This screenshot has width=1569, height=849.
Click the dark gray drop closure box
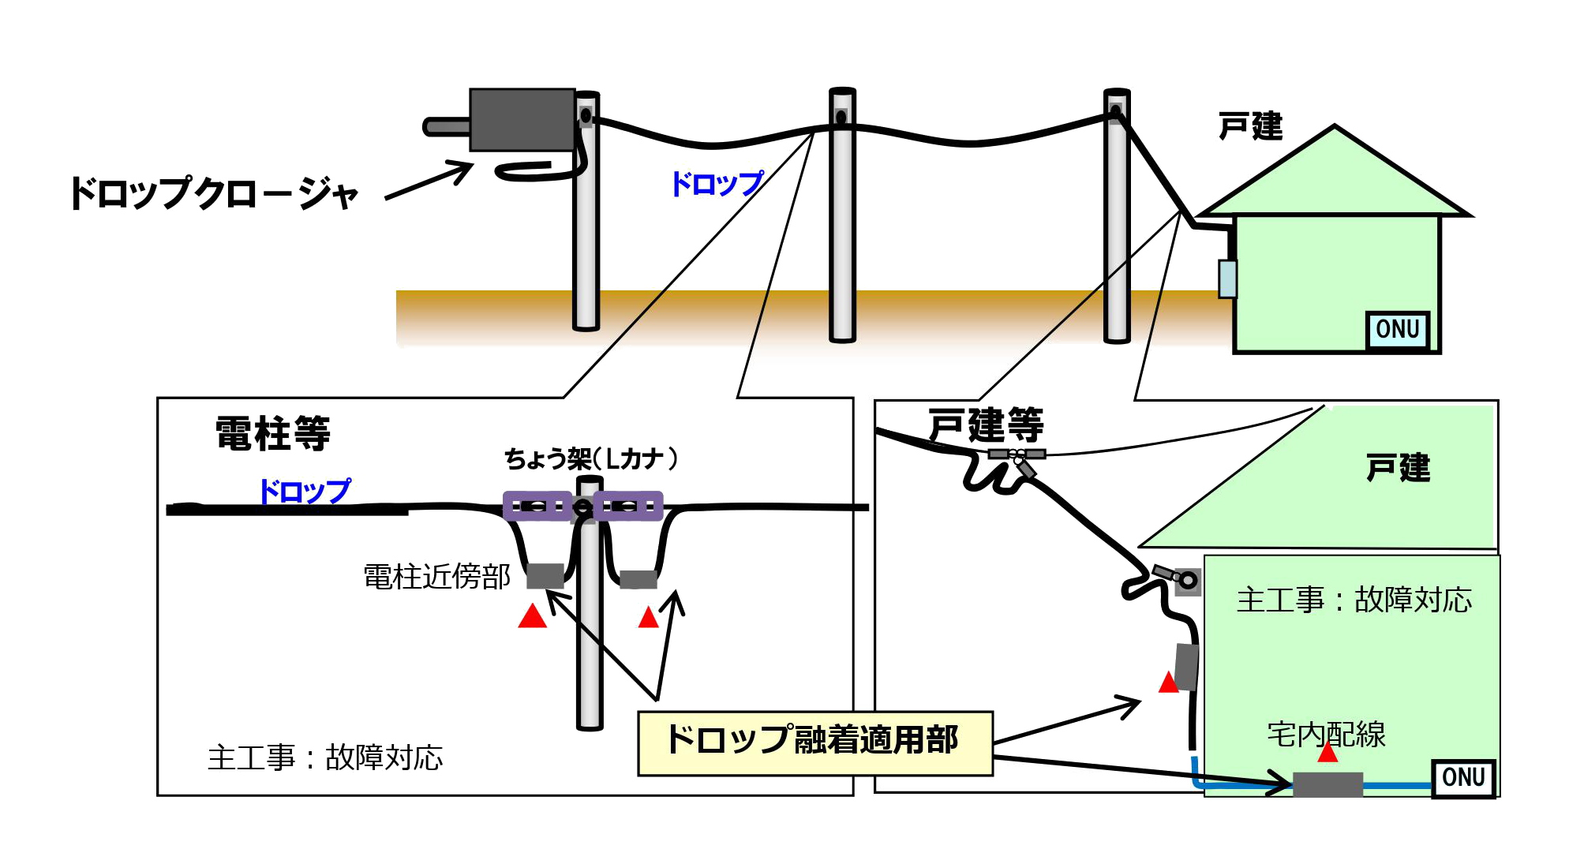(x=522, y=119)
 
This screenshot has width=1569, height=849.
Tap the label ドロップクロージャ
(x=214, y=193)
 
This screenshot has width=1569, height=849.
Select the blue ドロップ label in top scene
(x=717, y=184)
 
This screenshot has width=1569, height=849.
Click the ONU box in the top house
(x=1397, y=329)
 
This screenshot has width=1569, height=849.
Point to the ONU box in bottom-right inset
(x=1463, y=778)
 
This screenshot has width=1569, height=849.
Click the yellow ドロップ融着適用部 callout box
(x=814, y=742)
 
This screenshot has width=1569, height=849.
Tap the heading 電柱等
(x=273, y=433)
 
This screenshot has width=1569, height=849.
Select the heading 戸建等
(x=986, y=425)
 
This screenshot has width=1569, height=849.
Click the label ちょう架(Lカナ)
(x=591, y=458)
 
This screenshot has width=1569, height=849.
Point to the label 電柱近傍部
(x=436, y=577)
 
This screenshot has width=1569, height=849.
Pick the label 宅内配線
(x=1326, y=735)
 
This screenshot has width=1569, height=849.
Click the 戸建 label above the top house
(x=1250, y=126)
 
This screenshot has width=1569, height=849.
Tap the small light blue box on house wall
(x=1227, y=279)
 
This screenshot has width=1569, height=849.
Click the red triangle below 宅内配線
(x=1327, y=753)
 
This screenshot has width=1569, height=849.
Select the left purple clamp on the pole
(x=537, y=506)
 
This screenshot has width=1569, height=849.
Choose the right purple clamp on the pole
(x=629, y=506)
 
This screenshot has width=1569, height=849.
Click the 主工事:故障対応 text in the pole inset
(x=325, y=757)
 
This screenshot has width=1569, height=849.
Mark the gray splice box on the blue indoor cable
(x=1327, y=784)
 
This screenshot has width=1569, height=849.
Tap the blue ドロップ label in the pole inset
(x=305, y=491)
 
